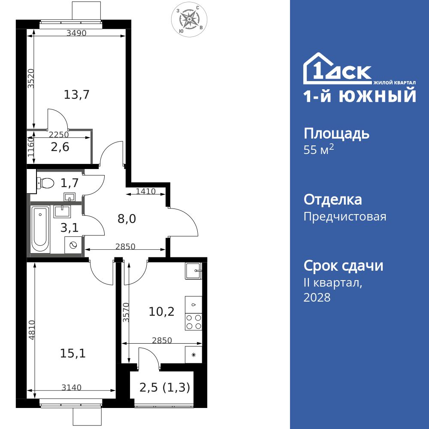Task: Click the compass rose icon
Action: click(188, 19)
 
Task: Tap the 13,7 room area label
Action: click(76, 94)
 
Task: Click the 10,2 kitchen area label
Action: click(161, 311)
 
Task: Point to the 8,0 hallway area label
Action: click(127, 219)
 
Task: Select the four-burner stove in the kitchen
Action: click(193, 321)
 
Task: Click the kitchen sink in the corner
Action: click(193, 270)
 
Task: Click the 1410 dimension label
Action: click(146, 191)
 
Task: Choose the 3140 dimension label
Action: click(71, 387)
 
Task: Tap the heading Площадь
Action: click(336, 134)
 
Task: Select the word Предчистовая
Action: click(345, 217)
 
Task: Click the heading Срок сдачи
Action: click(343, 266)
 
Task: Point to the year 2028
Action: click(317, 297)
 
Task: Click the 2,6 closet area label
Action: click(60, 147)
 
